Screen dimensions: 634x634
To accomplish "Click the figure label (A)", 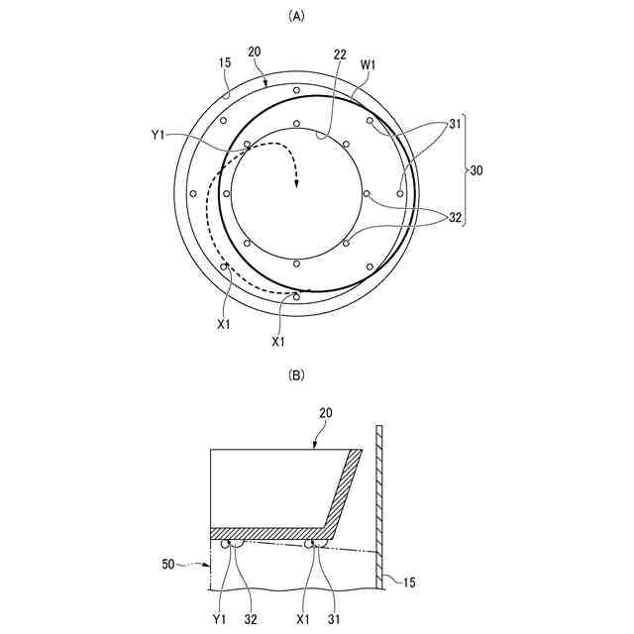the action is [x=295, y=16].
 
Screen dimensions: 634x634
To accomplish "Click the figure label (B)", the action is [x=295, y=376].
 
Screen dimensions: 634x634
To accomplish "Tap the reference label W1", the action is [x=368, y=67].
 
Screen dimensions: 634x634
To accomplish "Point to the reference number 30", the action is [x=476, y=170].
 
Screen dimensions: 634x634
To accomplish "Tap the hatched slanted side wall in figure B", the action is [x=343, y=489].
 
